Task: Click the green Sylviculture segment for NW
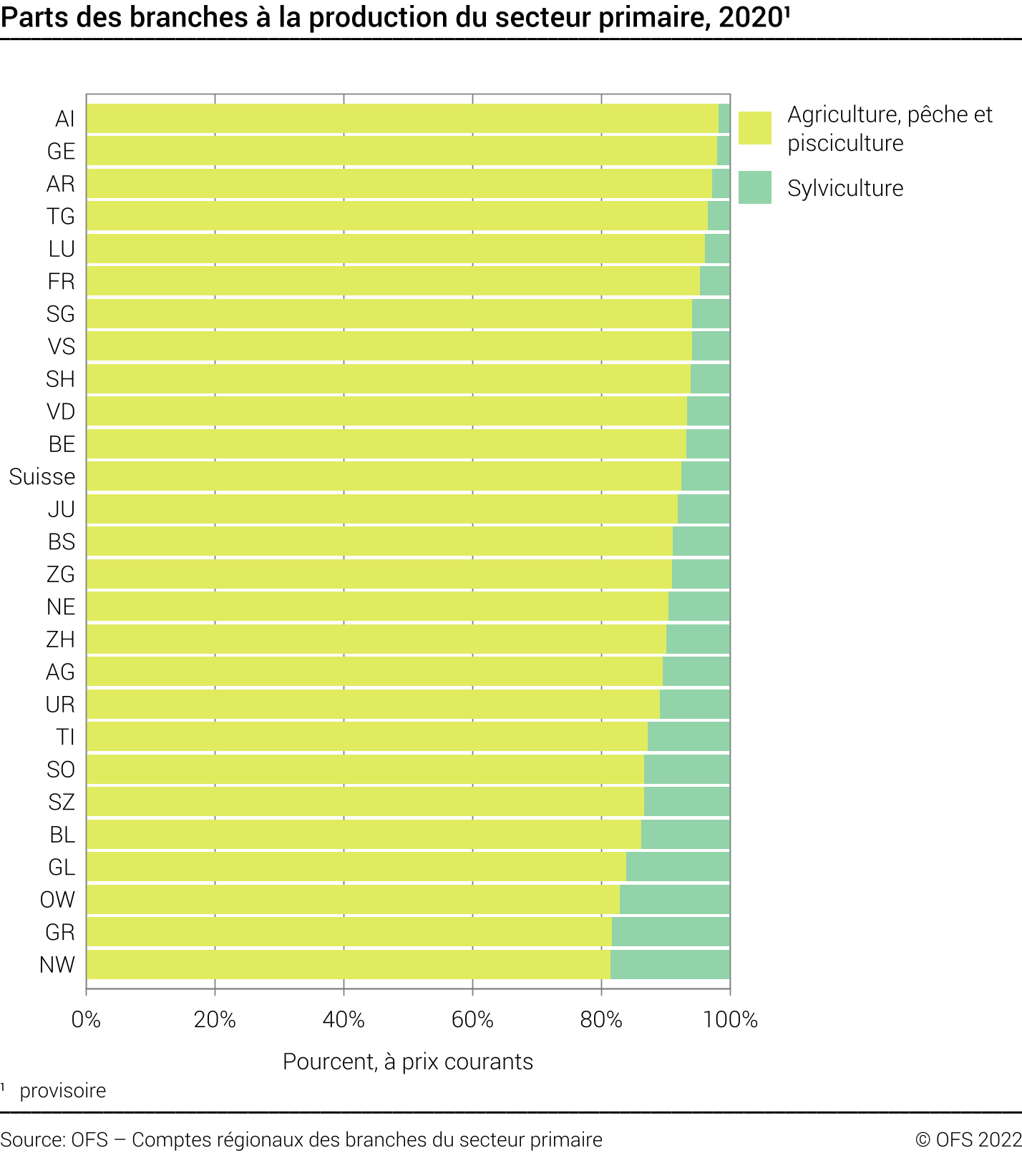(x=670, y=964)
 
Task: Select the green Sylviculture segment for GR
(x=671, y=932)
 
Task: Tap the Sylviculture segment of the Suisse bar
(x=705, y=476)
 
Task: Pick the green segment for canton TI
(x=688, y=737)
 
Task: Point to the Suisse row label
(x=42, y=476)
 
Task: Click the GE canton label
(x=61, y=151)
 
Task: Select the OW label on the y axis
(x=57, y=899)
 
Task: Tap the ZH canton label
(x=60, y=639)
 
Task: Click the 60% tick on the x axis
(x=472, y=1019)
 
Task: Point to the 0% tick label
(x=87, y=1019)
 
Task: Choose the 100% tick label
(x=730, y=1019)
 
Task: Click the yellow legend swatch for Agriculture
(x=754, y=128)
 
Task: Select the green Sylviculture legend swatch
(x=754, y=187)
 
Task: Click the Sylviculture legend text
(x=845, y=188)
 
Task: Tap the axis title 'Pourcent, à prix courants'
(x=408, y=1061)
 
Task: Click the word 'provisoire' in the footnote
(x=63, y=1091)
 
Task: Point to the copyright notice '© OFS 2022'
(x=968, y=1139)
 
